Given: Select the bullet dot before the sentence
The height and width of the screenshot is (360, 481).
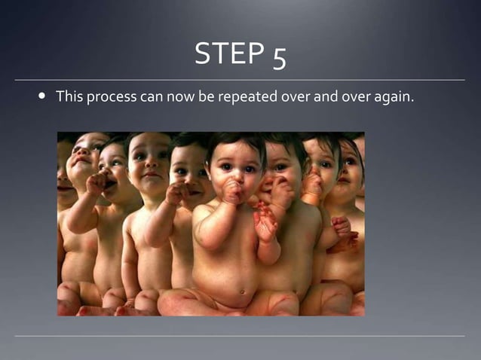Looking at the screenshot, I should [41, 97].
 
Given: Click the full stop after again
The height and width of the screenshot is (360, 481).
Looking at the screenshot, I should [412, 102].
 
